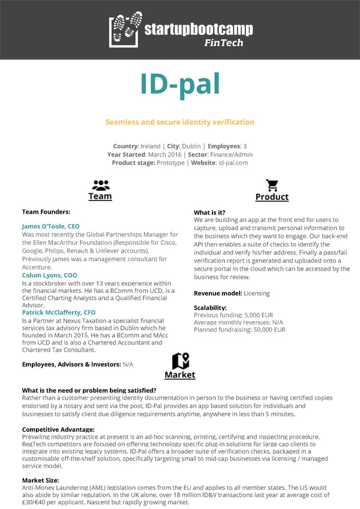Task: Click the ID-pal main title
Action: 179,85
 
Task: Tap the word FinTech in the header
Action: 223,43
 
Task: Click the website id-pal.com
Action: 233,163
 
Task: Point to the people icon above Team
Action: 100,185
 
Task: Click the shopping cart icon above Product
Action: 272,185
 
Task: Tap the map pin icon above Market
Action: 180,361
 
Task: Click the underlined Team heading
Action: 100,196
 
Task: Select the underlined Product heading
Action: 272,197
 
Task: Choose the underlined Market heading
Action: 180,375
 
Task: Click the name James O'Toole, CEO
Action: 50,226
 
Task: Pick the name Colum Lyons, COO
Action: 49,276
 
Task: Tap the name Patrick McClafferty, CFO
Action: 59,313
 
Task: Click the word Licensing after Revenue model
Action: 257,294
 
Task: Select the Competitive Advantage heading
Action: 58,429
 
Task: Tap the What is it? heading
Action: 209,212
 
